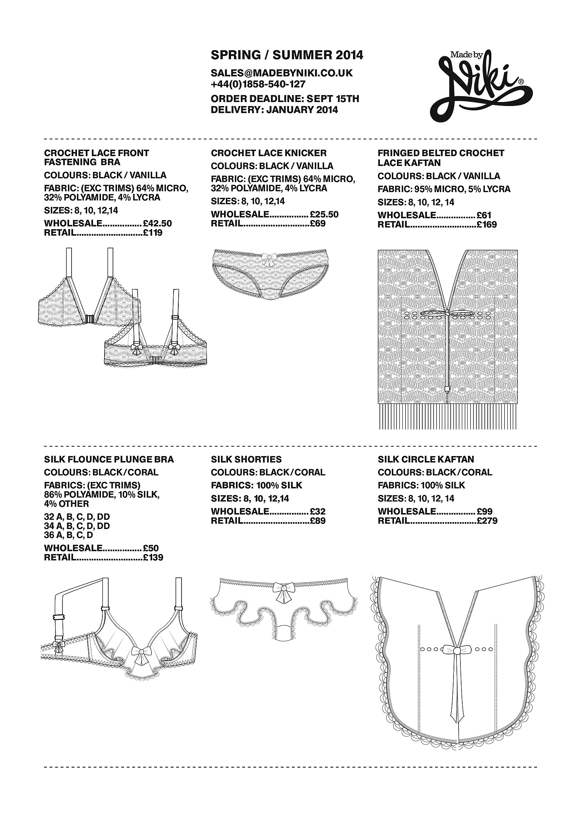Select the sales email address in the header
281,73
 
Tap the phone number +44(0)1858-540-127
258,84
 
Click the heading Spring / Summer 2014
287,55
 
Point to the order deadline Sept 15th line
285,99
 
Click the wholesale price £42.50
157,223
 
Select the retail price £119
153,233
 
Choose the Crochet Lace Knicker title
269,153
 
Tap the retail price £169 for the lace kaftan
487,224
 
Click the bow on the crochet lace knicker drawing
269,257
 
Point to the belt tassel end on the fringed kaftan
447,390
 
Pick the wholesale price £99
484,512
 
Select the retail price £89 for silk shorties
318,521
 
